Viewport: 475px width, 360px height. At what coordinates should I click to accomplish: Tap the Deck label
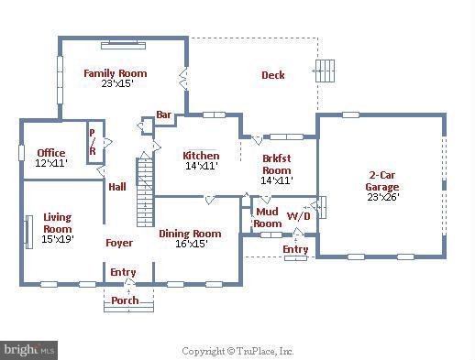click(272, 75)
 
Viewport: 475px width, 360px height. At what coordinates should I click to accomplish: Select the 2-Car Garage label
click(382, 180)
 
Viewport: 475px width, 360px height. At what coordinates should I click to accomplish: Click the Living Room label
click(58, 223)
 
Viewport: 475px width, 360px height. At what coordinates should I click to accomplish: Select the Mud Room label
click(268, 218)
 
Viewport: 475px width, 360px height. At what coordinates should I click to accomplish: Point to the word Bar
click(164, 115)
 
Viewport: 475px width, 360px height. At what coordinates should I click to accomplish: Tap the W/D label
click(298, 217)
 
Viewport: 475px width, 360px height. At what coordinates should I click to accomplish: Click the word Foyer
click(118, 243)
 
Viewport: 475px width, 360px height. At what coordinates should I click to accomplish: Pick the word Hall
click(117, 186)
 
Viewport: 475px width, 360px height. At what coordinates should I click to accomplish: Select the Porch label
click(125, 300)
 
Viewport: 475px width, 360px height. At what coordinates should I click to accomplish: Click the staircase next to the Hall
click(145, 192)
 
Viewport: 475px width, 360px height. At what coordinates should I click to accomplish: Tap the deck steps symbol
click(325, 71)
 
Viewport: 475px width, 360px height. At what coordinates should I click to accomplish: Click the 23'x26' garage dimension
click(382, 195)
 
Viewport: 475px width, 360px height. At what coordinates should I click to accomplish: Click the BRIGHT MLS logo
click(28, 350)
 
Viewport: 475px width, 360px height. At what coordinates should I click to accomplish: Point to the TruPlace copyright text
click(237, 351)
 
